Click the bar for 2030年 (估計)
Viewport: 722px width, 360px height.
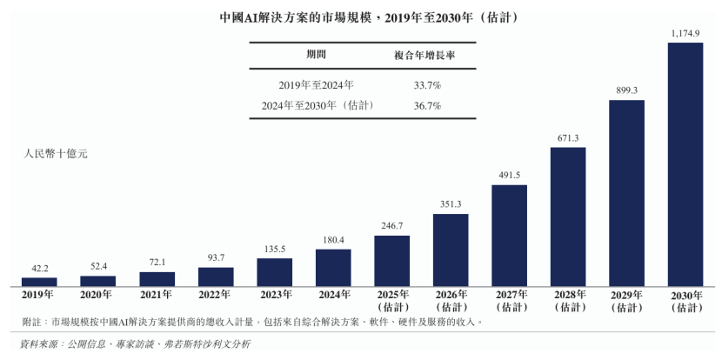(x=685, y=163)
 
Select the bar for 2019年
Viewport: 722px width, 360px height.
(x=39, y=281)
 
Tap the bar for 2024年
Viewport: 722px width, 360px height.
(x=333, y=267)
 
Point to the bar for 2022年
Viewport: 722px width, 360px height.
(x=216, y=276)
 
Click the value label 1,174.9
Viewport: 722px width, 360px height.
(x=685, y=33)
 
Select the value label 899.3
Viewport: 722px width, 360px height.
(x=626, y=90)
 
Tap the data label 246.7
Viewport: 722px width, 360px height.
(x=391, y=226)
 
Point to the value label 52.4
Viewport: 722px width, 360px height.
(x=97, y=266)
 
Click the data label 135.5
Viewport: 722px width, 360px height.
(x=274, y=249)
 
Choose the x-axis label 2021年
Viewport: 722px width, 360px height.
(x=157, y=295)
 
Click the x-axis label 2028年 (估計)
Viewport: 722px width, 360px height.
(x=567, y=301)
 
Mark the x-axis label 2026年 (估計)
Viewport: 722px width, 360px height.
(x=450, y=301)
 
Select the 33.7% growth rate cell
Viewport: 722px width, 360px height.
(x=427, y=85)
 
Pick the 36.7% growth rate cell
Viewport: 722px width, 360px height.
(x=427, y=105)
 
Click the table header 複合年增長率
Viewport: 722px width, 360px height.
(x=426, y=55)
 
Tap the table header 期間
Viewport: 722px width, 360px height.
(x=317, y=55)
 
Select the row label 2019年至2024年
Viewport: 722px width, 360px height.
(x=317, y=85)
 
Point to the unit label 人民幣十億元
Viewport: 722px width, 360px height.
(x=56, y=154)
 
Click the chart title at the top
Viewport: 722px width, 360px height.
(x=361, y=17)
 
